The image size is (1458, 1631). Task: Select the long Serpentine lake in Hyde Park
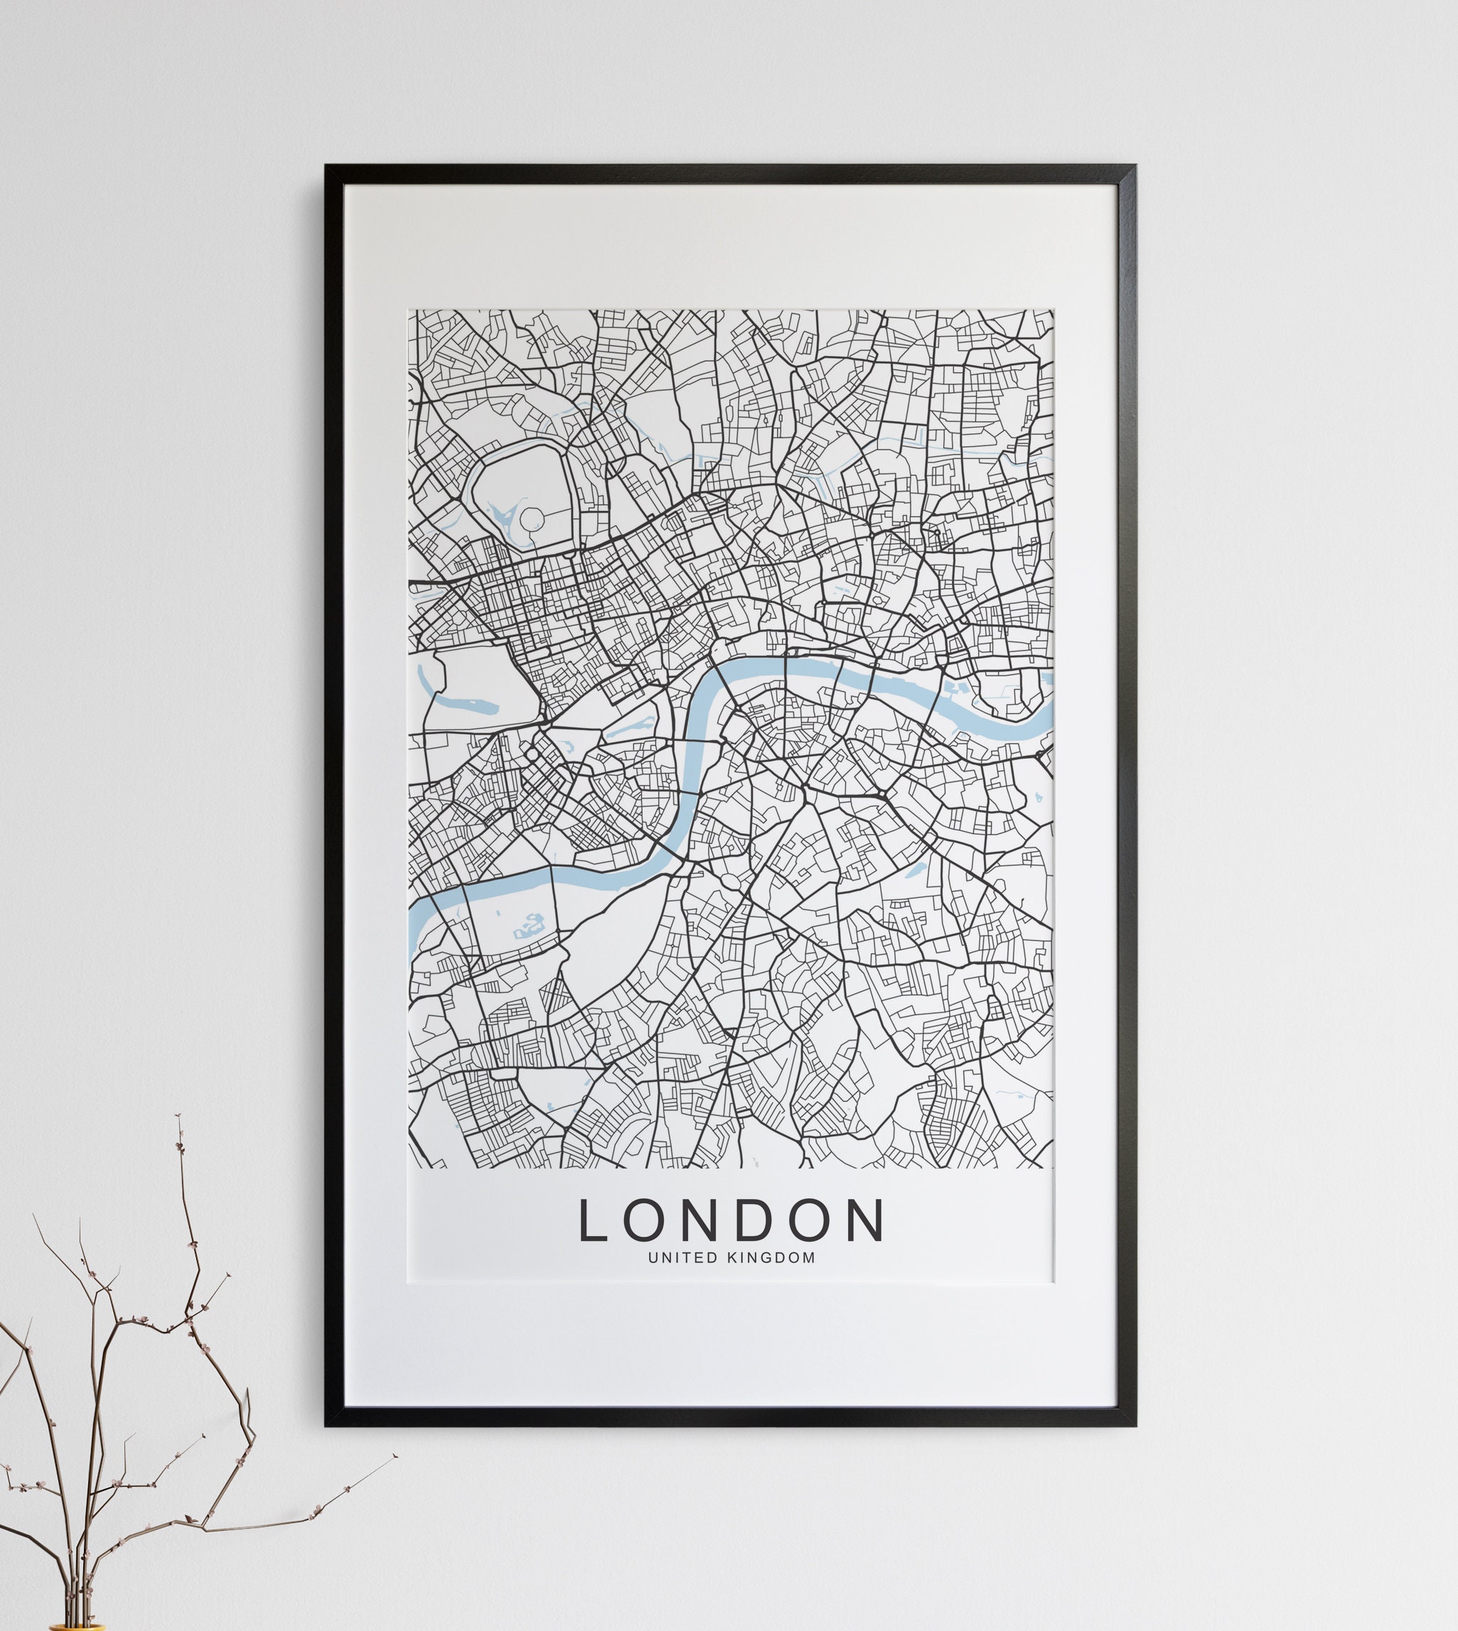coord(465,705)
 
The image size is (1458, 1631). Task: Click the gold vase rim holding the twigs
coord(77,1627)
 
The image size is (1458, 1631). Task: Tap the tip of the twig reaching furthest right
coord(397,1456)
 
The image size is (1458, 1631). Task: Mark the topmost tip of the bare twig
coord(178,1115)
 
